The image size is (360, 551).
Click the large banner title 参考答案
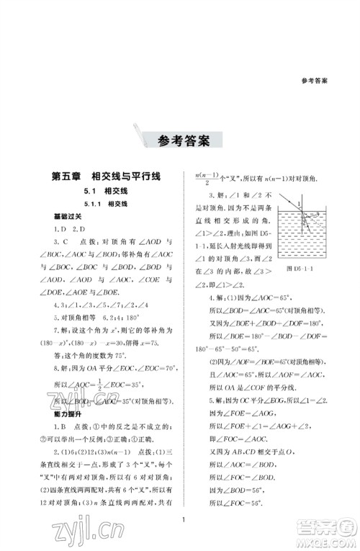tap(179, 140)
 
